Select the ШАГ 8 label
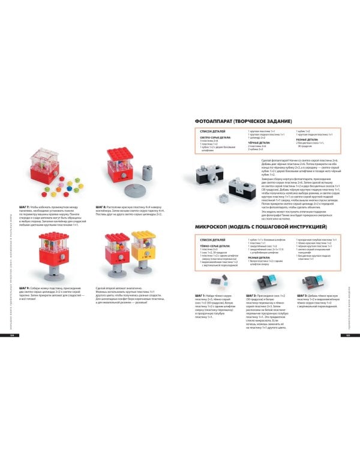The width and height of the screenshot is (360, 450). point(101,206)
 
